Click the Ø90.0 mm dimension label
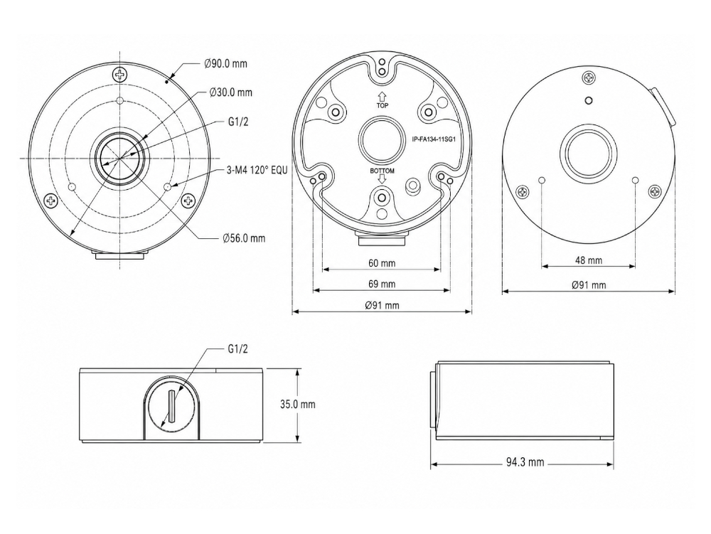pyautogui.click(x=225, y=63)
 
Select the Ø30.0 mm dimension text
pyautogui.click(x=230, y=92)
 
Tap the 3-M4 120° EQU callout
pyautogui.click(x=257, y=171)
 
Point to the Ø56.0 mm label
pyautogui.click(x=244, y=238)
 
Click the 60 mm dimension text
pyautogui.click(x=382, y=263)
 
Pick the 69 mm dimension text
pyautogui.click(x=382, y=284)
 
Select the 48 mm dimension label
pyautogui.click(x=589, y=260)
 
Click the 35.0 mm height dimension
pyautogui.click(x=297, y=404)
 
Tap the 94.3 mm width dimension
pyautogui.click(x=525, y=462)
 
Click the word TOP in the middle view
pyautogui.click(x=383, y=106)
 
